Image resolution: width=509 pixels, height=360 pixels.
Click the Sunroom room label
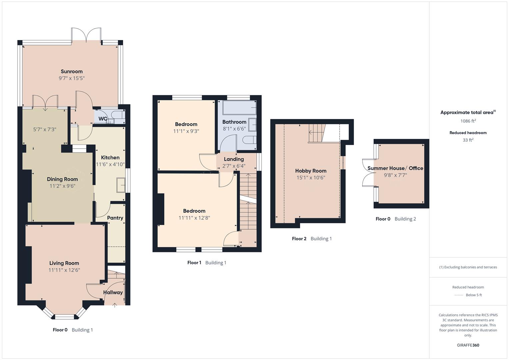tap(71, 71)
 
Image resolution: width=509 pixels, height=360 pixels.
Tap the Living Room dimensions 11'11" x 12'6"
tap(64, 270)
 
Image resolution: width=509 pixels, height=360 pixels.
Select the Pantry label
tap(115, 218)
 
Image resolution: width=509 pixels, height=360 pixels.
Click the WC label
tap(103, 119)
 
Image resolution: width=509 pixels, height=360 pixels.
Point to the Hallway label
tap(113, 292)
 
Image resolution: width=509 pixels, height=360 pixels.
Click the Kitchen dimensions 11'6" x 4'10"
tap(110, 164)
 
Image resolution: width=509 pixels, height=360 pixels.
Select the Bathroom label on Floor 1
tap(234, 122)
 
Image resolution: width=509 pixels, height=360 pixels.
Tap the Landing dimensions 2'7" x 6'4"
tap(234, 166)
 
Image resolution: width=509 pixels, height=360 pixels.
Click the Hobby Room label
tap(311, 171)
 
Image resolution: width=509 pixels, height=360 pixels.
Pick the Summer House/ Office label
tap(395, 168)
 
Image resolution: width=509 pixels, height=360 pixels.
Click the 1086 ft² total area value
tap(468, 121)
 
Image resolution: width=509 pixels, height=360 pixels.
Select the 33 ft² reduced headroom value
tap(468, 140)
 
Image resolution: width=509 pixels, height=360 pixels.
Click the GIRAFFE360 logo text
tap(468, 345)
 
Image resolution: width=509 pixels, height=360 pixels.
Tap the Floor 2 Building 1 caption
tap(312, 238)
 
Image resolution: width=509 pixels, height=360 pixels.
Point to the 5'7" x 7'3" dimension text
tap(45, 129)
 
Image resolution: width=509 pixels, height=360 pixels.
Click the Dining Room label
tap(62, 179)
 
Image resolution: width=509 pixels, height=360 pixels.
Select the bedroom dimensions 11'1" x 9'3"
tap(186, 131)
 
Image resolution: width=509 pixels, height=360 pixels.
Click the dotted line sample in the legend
tap(459, 295)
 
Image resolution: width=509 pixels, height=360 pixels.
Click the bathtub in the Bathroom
tap(239, 108)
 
